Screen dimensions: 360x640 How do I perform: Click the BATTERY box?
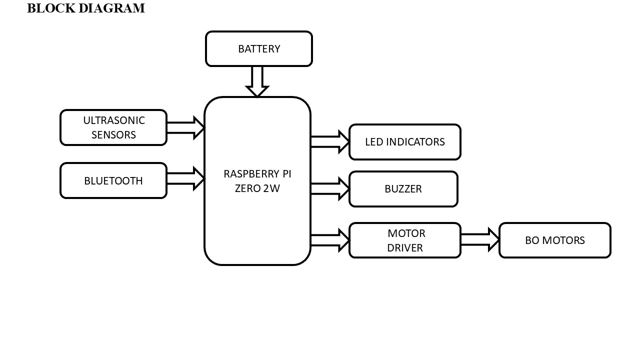[x=259, y=49]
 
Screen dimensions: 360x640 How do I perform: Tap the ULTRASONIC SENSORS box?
[x=113, y=127]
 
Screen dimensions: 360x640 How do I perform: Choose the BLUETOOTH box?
[x=113, y=180]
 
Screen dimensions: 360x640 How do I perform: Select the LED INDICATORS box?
[x=404, y=142]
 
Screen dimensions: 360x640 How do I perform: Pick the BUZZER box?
[x=403, y=189]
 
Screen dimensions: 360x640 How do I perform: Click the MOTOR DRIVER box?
[x=404, y=240]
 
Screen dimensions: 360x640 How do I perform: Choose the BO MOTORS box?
[x=554, y=240]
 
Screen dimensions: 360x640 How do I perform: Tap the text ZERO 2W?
[x=257, y=189]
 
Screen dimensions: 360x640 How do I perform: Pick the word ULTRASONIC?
[x=114, y=120]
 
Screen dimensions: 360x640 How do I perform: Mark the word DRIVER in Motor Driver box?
[x=405, y=248]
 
